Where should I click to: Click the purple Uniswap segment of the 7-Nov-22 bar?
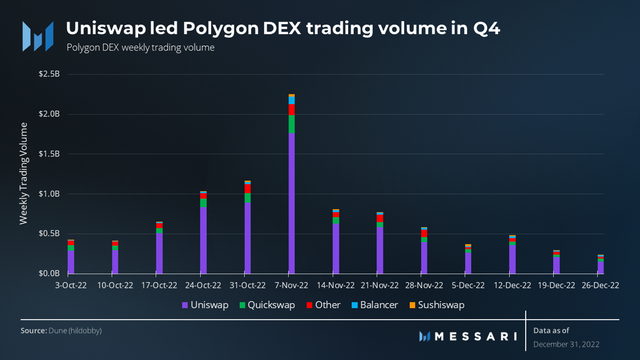click(291, 203)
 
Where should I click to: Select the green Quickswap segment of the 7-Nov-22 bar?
click(291, 124)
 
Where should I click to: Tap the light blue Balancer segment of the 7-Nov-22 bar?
click(291, 100)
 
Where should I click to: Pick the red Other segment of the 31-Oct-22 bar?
click(247, 189)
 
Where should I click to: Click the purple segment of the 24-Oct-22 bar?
click(203, 240)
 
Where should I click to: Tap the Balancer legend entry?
click(375, 305)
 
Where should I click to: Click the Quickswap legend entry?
click(267, 305)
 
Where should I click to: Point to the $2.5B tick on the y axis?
click(49, 74)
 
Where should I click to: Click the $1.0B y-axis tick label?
click(49, 194)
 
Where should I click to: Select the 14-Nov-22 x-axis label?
click(336, 285)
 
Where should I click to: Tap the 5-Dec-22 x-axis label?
click(468, 285)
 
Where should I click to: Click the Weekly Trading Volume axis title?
click(23, 173)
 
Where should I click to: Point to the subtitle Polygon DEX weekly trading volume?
click(140, 48)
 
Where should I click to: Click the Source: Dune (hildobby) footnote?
click(61, 331)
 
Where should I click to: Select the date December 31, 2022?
click(566, 344)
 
